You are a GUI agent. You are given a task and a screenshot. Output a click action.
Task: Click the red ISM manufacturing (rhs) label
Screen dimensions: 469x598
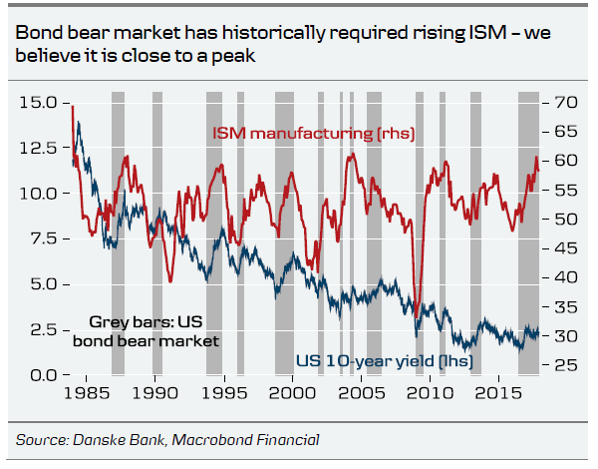click(311, 133)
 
